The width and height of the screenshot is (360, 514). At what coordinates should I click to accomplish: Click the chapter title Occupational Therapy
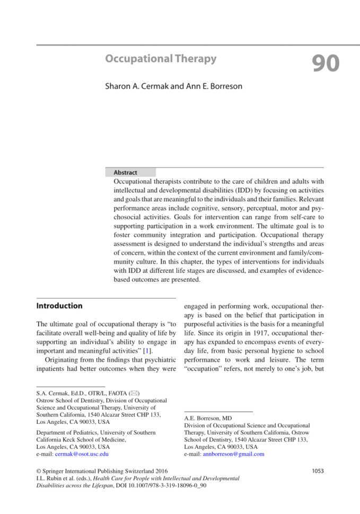(x=161, y=59)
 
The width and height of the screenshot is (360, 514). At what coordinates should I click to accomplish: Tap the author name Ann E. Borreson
(x=213, y=86)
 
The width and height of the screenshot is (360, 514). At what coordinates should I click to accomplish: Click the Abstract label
(x=125, y=173)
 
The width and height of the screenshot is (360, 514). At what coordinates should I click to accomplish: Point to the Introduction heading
(x=59, y=306)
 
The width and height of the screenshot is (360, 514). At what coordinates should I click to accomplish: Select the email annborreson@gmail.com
(x=233, y=454)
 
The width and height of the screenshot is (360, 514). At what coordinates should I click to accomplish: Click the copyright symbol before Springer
(x=38, y=471)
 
